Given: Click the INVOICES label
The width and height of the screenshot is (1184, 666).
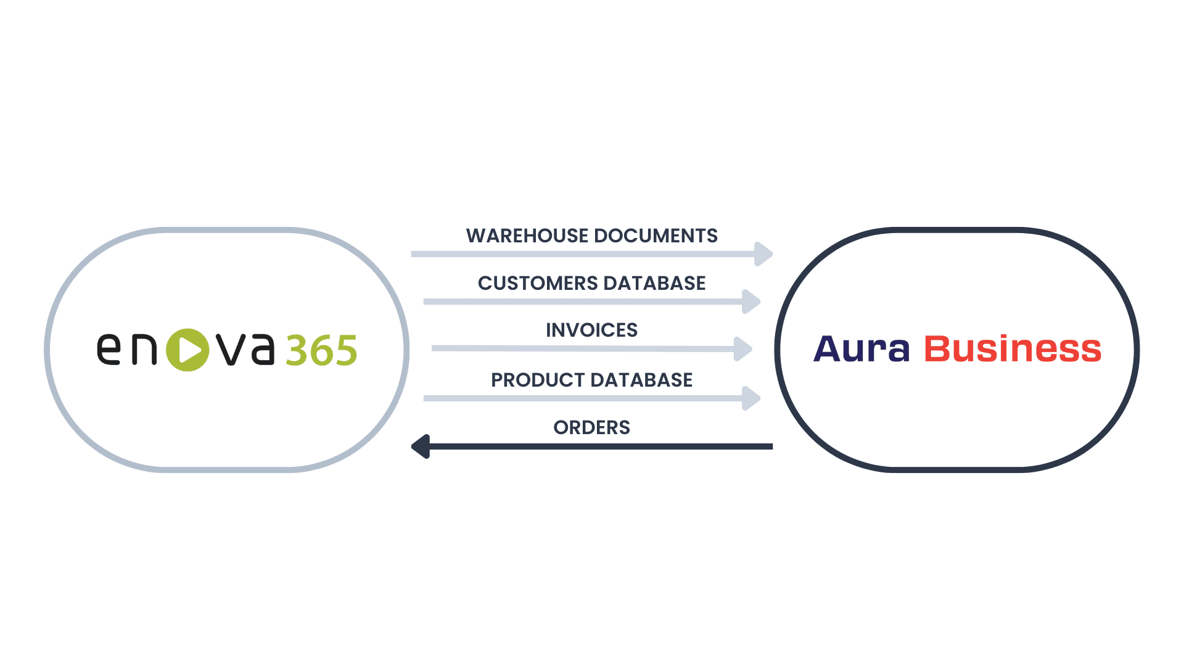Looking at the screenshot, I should point(591,330).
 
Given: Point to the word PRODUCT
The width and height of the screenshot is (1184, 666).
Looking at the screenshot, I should point(530,380).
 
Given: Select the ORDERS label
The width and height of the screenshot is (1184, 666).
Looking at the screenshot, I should point(591,427).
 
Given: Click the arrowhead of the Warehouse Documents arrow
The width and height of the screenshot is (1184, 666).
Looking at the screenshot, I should point(763,253).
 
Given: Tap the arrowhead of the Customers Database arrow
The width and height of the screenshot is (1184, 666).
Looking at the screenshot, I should point(751,302).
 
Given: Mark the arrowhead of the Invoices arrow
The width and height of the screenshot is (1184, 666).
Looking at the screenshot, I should point(743,348).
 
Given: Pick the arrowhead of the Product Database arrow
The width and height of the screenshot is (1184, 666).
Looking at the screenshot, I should point(751,398).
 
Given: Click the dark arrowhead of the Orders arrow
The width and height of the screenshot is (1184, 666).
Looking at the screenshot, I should point(421,446).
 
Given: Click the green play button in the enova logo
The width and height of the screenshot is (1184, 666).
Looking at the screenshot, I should point(187,350).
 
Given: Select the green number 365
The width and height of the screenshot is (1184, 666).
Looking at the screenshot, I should point(321,351).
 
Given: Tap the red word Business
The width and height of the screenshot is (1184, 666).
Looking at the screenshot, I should point(1013,349).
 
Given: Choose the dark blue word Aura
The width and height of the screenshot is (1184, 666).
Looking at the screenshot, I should point(861,349).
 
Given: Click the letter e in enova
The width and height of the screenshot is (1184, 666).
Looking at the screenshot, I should point(109,350).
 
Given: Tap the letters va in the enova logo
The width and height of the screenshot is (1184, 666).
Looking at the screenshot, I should point(245,350).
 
